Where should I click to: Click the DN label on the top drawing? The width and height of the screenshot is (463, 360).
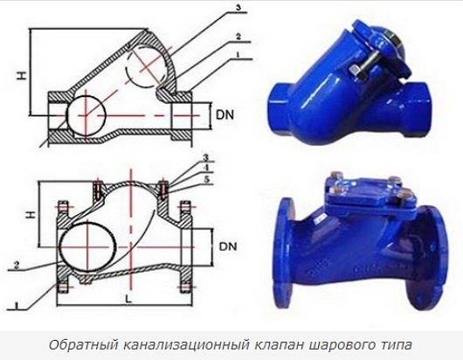[x=225, y=114]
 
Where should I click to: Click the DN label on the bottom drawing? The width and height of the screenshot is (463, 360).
[x=228, y=246]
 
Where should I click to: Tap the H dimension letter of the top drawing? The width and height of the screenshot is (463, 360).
[x=22, y=76]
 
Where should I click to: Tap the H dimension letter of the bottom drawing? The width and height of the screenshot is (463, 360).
[x=31, y=215]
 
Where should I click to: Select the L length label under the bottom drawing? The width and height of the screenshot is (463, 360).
[x=128, y=299]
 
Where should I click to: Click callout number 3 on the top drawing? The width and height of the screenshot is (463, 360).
[x=238, y=8]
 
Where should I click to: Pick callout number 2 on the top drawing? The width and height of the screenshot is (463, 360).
[x=238, y=37]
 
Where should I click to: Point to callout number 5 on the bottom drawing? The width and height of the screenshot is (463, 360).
[x=207, y=179]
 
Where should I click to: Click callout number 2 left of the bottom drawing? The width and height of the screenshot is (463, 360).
[x=17, y=265]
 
